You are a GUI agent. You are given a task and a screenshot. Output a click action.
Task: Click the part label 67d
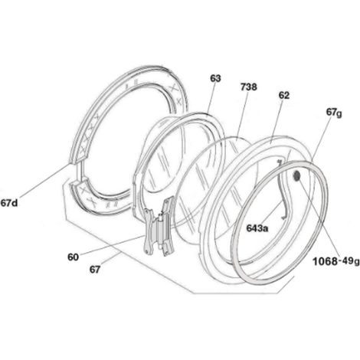click(9, 203)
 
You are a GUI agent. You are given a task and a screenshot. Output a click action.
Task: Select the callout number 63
click(215, 78)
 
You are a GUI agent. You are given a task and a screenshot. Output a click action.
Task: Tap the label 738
click(248, 87)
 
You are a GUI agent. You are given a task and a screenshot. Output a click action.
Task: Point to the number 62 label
click(284, 95)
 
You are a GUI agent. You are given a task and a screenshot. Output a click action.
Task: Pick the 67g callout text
click(334, 113)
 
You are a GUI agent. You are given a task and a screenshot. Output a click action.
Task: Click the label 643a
click(257, 228)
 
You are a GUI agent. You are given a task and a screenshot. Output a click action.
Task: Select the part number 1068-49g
click(336, 261)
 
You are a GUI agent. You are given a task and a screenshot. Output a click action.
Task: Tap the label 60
click(73, 257)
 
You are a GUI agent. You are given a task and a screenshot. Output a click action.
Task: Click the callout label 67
click(95, 269)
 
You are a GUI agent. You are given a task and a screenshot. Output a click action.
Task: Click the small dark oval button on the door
click(297, 176)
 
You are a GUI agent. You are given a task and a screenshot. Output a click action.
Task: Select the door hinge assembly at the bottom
click(159, 226)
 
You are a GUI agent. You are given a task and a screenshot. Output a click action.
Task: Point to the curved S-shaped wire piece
click(286, 189)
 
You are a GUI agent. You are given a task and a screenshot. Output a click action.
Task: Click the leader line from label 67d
click(44, 181)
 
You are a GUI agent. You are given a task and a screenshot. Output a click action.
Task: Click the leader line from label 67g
click(322, 140)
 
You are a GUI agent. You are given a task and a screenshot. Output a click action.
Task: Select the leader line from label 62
click(277, 121)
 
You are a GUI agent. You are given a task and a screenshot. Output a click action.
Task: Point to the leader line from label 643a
click(273, 211)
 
